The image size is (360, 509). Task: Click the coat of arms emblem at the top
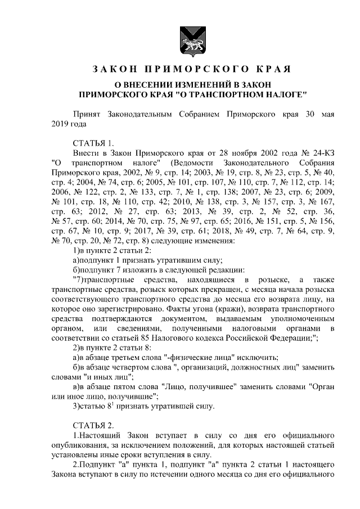click(x=180, y=40)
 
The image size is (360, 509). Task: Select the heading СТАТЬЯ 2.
click(x=93, y=423)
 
